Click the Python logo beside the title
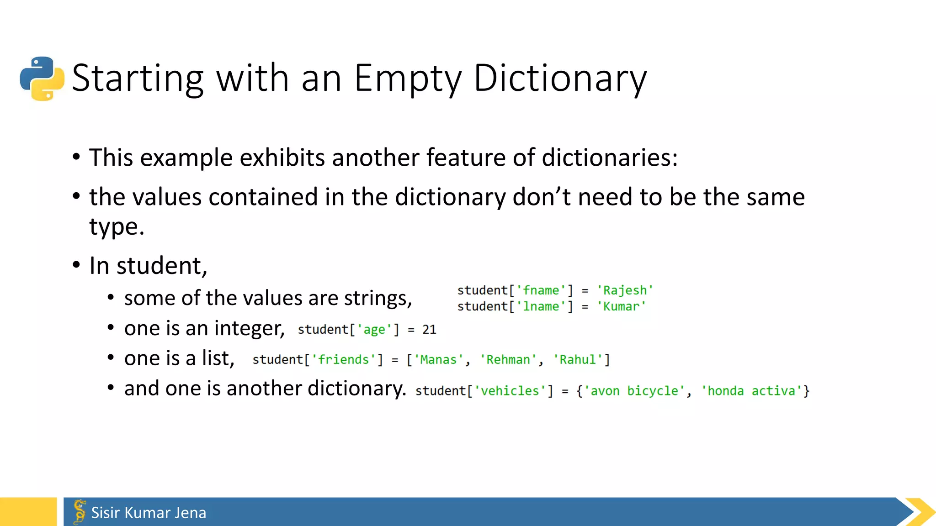42,79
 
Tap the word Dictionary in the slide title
560,79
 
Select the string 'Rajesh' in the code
625,290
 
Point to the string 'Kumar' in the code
621,306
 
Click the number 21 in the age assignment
429,330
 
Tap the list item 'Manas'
438,360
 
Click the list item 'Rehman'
508,360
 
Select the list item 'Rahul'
578,360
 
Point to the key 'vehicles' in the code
510,391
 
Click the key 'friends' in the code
343,360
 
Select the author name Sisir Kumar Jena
149,513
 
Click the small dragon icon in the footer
80,511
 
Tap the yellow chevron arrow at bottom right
920,512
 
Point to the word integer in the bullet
250,328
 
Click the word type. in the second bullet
117,227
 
